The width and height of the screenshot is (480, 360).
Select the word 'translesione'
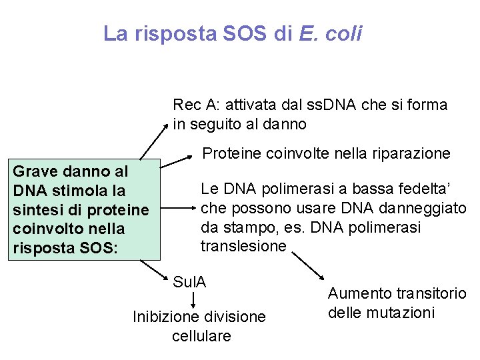click(x=243, y=245)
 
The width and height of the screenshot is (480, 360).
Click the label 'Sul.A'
click(x=189, y=281)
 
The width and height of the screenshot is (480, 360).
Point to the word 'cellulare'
click(x=201, y=335)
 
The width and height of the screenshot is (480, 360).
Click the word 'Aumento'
click(x=358, y=293)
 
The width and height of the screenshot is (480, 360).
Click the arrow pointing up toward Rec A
click(x=154, y=140)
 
